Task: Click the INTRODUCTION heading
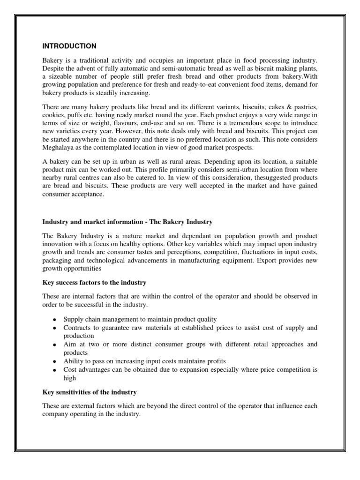tap(69, 46)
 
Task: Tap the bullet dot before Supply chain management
tap(55, 320)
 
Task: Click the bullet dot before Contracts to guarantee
tap(55, 328)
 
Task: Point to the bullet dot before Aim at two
tap(55, 345)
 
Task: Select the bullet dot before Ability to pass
tap(55, 362)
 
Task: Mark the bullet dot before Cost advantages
tap(55, 370)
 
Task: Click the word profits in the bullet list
tap(215, 361)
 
